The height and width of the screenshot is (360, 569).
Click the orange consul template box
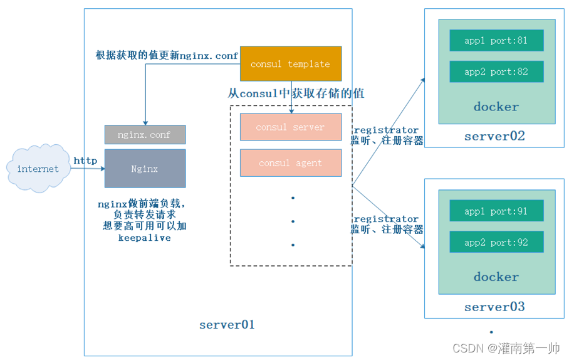pyautogui.click(x=291, y=64)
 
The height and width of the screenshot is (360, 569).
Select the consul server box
pyautogui.click(x=291, y=127)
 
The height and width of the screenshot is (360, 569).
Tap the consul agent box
pyautogui.click(x=291, y=163)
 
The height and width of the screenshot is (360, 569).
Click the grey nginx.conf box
pyautogui.click(x=145, y=135)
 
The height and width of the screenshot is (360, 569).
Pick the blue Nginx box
pyautogui.click(x=145, y=169)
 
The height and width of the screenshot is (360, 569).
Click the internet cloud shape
pyautogui.click(x=38, y=169)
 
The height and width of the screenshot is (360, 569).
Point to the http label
pyautogui.click(x=85, y=161)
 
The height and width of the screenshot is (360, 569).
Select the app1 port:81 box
pyautogui.click(x=496, y=41)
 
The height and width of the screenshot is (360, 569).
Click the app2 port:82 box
pyautogui.click(x=496, y=71)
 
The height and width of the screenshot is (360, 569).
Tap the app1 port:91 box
pyautogui.click(x=496, y=211)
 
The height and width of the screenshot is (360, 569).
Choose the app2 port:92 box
pyautogui.click(x=496, y=242)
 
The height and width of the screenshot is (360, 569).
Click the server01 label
pyautogui.click(x=227, y=325)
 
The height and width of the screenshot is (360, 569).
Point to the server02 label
pyautogui.click(x=494, y=136)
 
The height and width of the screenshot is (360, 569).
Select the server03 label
pyautogui.click(x=494, y=307)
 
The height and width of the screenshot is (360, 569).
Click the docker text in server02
pyautogui.click(x=496, y=107)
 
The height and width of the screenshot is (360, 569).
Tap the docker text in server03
pyautogui.click(x=496, y=277)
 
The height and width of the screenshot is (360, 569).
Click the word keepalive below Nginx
pyautogui.click(x=144, y=238)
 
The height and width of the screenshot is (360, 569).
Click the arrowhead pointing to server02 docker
pyautogui.click(x=423, y=80)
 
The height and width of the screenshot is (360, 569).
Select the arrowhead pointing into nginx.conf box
pyautogui.click(x=145, y=122)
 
